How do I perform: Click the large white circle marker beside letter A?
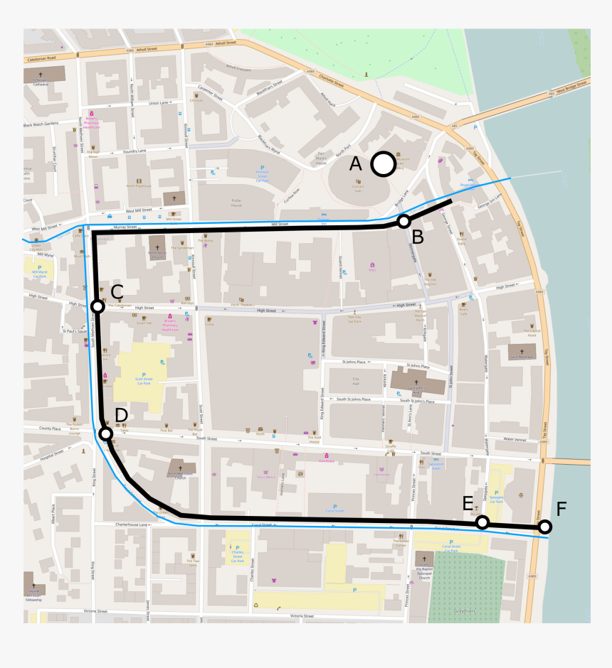tap(383, 164)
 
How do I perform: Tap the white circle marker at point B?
tap(403, 221)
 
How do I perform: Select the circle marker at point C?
tap(98, 306)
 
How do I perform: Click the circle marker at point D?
tap(106, 433)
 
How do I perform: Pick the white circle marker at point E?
tap(482, 522)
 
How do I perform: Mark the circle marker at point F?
tap(544, 527)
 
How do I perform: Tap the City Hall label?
tap(356, 382)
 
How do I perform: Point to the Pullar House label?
tap(237, 201)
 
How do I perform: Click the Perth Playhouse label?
tap(139, 184)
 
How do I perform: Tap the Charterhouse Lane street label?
tap(131, 524)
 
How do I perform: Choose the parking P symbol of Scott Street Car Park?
tap(144, 375)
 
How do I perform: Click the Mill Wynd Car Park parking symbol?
tap(39, 268)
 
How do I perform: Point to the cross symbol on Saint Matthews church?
tap(522, 351)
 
